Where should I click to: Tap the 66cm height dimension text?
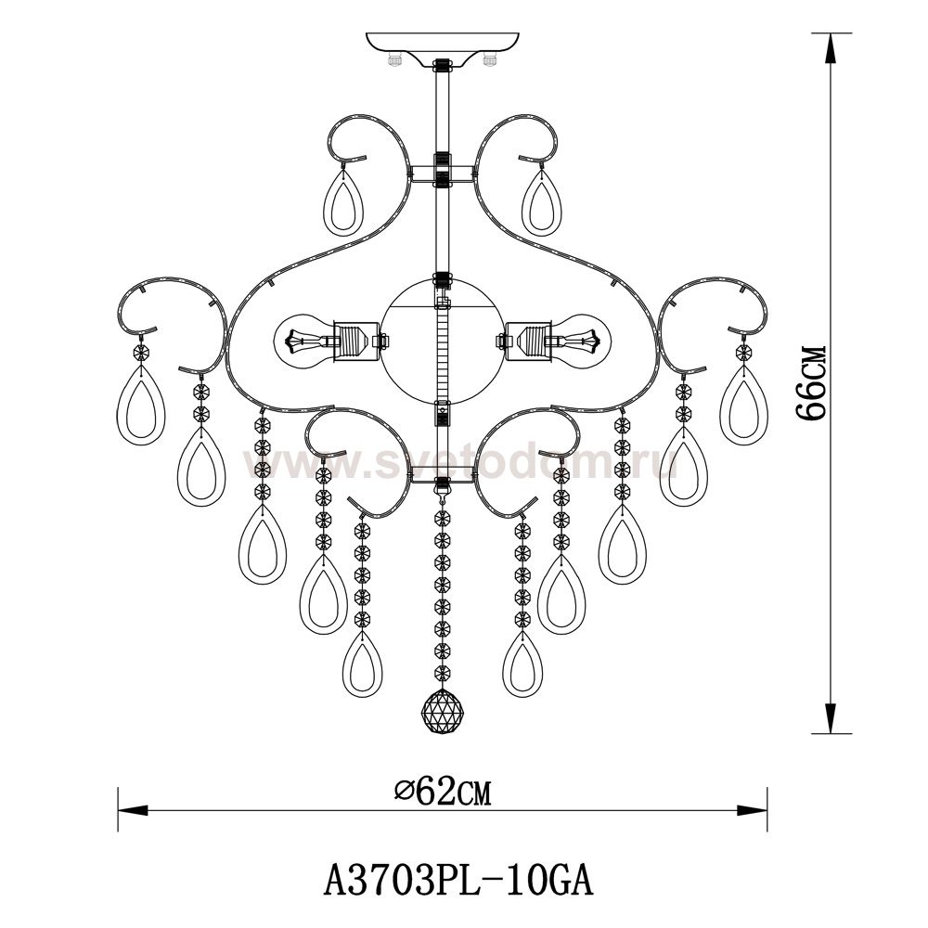tap(810, 383)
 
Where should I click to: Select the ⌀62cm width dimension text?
tap(444, 792)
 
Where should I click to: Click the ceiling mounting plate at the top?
tap(443, 46)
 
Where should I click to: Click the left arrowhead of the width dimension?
tap(133, 810)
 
